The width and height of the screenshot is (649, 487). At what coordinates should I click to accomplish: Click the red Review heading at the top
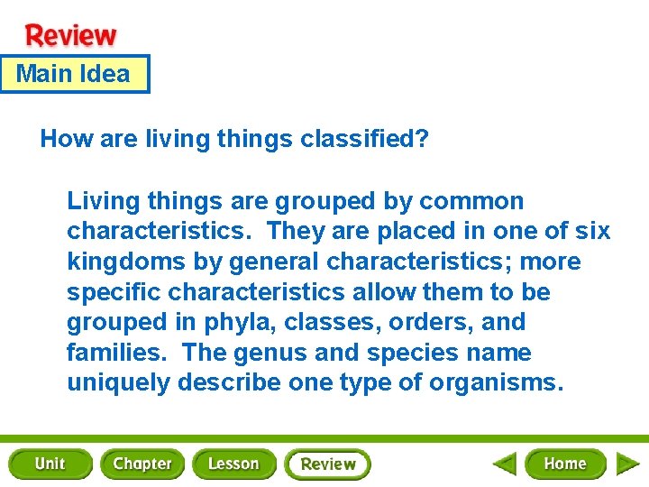click(71, 35)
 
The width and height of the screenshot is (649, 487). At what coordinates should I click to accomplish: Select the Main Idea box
click(74, 74)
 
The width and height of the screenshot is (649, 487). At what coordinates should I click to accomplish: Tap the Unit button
click(50, 464)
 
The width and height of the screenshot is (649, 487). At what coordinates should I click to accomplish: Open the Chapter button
click(142, 464)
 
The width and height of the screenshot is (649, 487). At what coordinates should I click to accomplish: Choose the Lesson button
click(233, 464)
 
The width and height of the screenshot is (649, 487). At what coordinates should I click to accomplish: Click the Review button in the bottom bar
click(328, 464)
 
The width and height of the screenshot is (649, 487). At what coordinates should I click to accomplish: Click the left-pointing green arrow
click(504, 464)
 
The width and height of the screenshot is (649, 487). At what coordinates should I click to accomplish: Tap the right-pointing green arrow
click(627, 464)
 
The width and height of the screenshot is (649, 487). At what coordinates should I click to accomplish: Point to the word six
click(591, 231)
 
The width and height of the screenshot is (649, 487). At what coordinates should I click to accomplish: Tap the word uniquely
click(118, 383)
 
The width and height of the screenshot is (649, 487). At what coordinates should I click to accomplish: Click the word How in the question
click(61, 139)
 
